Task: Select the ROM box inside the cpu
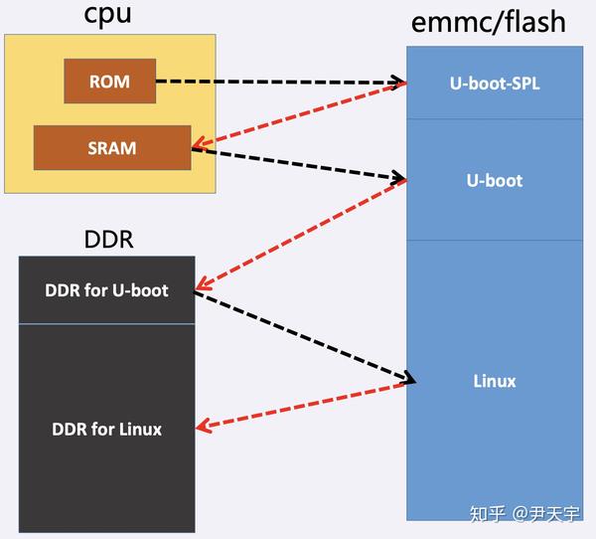(110, 81)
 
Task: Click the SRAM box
(111, 148)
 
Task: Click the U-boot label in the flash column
(494, 181)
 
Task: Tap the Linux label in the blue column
(494, 381)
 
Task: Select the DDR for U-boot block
(106, 290)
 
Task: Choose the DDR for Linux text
(106, 430)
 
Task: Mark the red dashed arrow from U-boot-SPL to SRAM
(298, 115)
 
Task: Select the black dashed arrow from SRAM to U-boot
(298, 165)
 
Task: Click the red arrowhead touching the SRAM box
(199, 143)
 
